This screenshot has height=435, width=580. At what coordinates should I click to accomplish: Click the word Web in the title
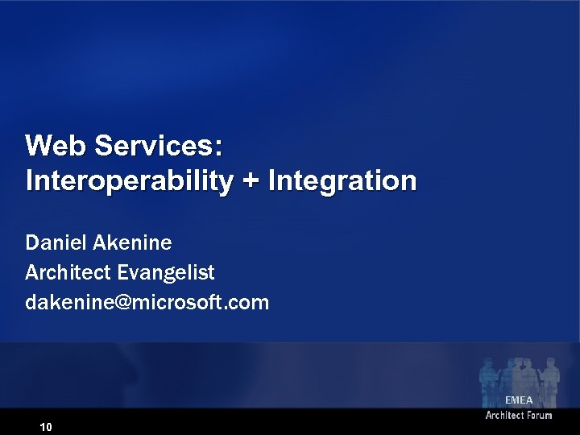pyautogui.click(x=56, y=146)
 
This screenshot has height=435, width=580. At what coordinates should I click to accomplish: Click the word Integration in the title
pyautogui.click(x=342, y=180)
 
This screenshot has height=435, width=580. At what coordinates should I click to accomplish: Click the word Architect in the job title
pyautogui.click(x=68, y=272)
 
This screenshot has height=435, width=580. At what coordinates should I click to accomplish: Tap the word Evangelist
pyautogui.click(x=166, y=273)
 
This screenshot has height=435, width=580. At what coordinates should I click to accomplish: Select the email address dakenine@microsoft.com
pyautogui.click(x=147, y=303)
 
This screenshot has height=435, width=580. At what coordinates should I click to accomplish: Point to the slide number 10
pyautogui.click(x=46, y=426)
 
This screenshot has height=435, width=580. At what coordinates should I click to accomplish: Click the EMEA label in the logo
pyautogui.click(x=519, y=400)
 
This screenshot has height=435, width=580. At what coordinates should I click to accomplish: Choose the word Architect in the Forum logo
pyautogui.click(x=504, y=416)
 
